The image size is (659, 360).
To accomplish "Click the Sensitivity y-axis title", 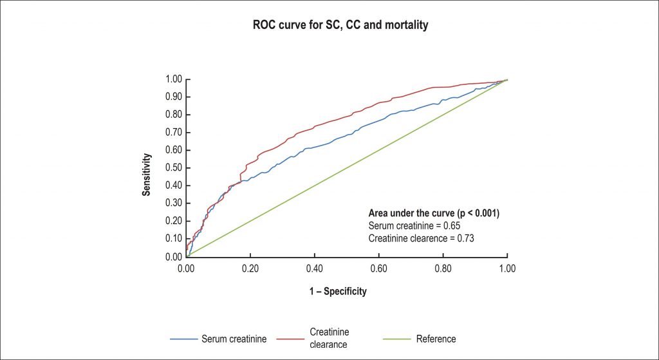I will pyautogui.click(x=147, y=174).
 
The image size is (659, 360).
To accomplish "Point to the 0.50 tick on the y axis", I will pyautogui.click(x=174, y=168).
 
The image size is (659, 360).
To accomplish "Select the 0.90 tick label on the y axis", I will pyautogui.click(x=174, y=97).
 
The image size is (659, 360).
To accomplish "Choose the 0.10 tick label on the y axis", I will pyautogui.click(x=174, y=239).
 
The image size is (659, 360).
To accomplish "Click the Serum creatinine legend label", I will pyautogui.click(x=234, y=339).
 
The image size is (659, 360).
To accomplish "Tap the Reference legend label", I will pyautogui.click(x=436, y=339).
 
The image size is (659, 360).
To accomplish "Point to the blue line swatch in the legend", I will pyautogui.click(x=183, y=339).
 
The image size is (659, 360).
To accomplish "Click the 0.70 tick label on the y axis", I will pyautogui.click(x=174, y=133).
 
